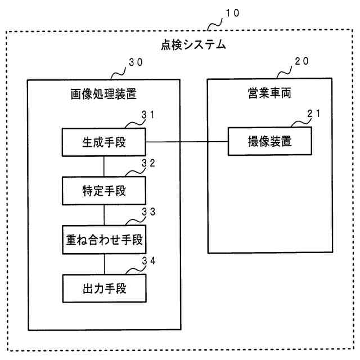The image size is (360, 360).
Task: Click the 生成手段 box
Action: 103,142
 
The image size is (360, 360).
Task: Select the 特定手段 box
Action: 103,191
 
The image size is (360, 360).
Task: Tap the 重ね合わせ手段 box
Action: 103,240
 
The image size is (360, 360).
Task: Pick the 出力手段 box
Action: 103,289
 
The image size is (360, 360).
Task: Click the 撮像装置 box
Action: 269,142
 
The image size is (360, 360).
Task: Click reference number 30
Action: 136,64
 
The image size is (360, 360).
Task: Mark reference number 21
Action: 314,114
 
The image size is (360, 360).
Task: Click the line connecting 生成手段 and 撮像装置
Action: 186,142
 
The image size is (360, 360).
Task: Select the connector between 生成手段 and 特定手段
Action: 104,166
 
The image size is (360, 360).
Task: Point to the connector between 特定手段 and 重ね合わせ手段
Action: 104,215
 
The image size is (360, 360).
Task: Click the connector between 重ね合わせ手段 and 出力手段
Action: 104,264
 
